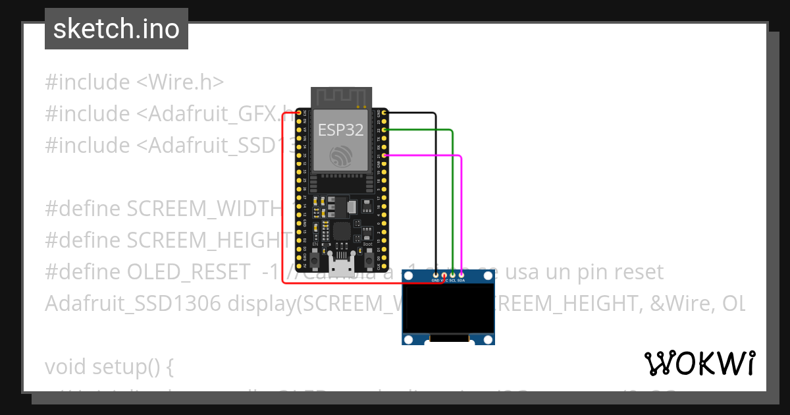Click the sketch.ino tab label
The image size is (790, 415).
tap(117, 29)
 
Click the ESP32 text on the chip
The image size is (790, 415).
tap(340, 130)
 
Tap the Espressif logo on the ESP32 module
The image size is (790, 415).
tap(340, 157)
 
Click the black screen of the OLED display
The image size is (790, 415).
tap(448, 308)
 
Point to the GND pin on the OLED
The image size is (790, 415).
tap(436, 274)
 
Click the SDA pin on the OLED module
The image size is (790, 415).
tap(461, 274)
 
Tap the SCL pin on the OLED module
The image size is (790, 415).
tap(452, 274)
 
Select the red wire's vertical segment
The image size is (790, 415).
tap(282, 198)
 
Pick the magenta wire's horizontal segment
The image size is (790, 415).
tap(421, 155)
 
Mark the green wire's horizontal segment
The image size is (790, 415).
tap(418, 130)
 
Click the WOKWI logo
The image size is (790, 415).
tap(699, 363)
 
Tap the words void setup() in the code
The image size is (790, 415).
tap(109, 367)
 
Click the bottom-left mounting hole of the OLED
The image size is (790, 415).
tap(408, 339)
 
